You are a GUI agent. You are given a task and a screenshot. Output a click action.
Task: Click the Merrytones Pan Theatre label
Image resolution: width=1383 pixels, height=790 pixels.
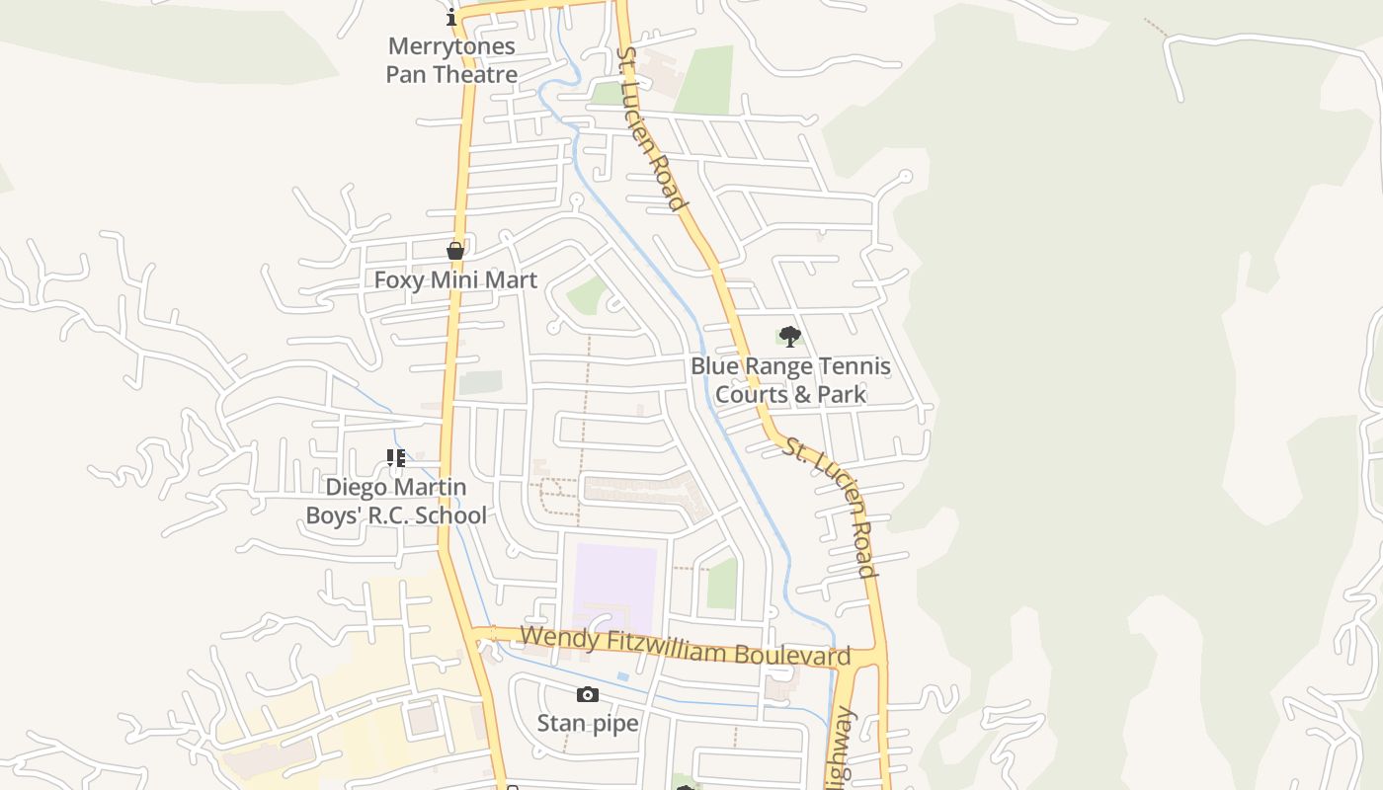coord(451,60)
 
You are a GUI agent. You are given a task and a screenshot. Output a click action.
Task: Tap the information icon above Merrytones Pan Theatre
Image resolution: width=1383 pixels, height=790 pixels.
coord(451,17)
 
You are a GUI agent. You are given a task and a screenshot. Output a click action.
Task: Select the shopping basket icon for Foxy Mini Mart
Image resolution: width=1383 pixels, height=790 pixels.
coord(455,251)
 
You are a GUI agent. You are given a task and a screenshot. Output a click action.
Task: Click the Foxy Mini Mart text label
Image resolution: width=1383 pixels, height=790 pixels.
coord(455,280)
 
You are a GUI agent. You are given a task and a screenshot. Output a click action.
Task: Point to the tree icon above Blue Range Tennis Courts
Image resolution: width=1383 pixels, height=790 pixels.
coord(789,337)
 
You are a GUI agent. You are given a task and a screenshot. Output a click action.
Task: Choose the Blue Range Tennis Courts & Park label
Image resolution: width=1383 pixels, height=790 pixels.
coord(790,380)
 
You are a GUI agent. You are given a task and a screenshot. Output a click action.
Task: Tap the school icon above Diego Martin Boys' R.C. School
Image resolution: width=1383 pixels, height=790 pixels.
coord(396,458)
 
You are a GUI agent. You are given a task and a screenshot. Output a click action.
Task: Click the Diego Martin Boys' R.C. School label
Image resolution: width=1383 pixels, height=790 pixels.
coord(396,502)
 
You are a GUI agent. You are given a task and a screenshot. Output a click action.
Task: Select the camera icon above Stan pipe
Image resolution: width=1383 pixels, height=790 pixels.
coord(588,695)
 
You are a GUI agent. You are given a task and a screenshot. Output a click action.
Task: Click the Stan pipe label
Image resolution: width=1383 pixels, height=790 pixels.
coord(588,724)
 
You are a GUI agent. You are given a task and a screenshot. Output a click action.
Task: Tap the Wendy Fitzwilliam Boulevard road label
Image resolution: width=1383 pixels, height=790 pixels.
coord(685,646)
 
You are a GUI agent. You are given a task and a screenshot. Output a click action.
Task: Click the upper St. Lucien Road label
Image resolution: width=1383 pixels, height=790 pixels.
coord(651,129)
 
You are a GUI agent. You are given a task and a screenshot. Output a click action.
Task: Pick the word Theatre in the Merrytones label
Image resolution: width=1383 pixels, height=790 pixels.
coord(478,74)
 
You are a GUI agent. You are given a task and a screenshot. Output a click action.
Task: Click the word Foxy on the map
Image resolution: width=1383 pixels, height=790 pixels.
coord(398,280)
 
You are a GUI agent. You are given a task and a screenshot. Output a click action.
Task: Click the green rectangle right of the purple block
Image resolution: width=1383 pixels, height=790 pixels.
coord(722,584)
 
